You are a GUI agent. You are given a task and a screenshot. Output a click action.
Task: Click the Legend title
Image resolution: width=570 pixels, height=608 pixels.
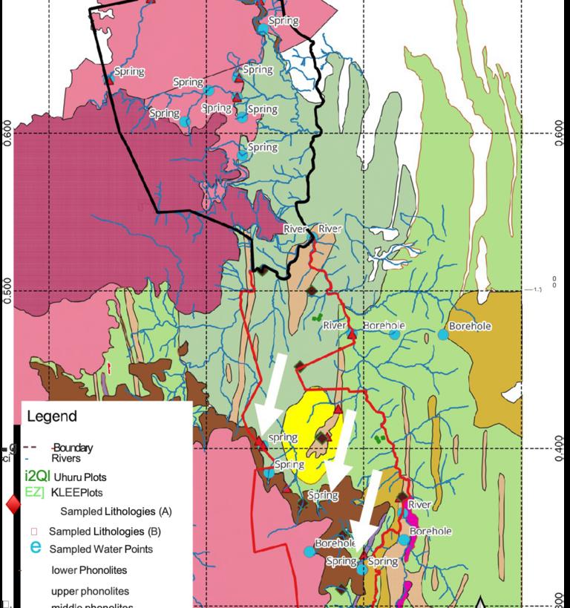pyautogui.click(x=51, y=416)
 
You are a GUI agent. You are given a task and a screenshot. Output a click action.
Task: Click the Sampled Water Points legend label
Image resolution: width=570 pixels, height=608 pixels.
pyautogui.click(x=101, y=549)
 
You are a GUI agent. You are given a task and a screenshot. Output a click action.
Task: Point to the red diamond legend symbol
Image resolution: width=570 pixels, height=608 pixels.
pyautogui.click(x=13, y=506)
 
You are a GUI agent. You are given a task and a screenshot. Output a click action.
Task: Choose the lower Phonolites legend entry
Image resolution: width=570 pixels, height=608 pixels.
pyautogui.click(x=89, y=570)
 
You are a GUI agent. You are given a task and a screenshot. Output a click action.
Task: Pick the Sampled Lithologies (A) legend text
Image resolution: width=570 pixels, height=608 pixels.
pyautogui.click(x=116, y=511)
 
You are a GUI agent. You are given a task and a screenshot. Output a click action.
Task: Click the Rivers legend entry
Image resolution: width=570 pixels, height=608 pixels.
pyautogui.click(x=66, y=458)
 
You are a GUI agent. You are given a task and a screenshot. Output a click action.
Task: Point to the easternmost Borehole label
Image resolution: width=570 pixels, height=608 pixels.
pyautogui.click(x=470, y=326)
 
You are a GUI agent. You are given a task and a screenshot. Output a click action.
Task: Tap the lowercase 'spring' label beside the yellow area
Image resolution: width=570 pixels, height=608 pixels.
pyautogui.click(x=283, y=438)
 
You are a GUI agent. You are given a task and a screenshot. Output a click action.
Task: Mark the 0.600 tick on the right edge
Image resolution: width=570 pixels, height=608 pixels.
pyautogui.click(x=558, y=134)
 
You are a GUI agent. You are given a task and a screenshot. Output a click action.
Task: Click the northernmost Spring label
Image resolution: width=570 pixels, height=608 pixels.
pyautogui.click(x=284, y=21)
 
